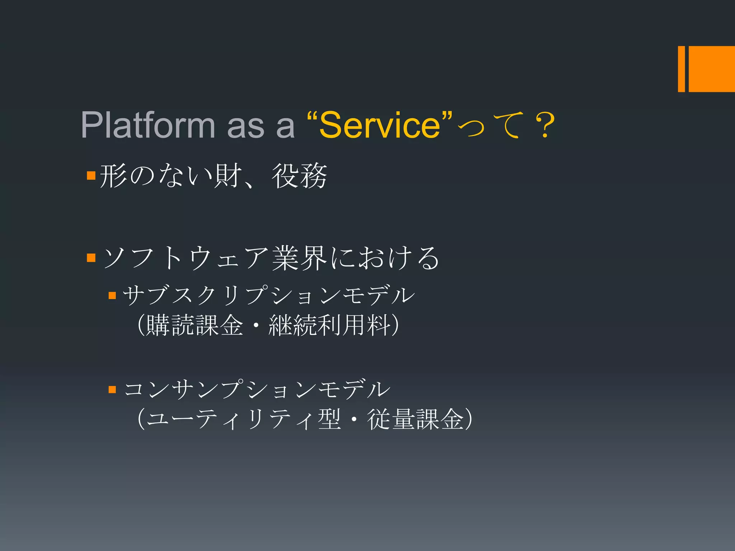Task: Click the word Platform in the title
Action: (x=148, y=125)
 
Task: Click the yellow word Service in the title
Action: (x=380, y=125)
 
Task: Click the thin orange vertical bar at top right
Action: (x=681, y=69)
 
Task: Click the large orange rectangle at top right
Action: (x=711, y=69)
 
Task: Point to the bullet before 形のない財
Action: (x=91, y=175)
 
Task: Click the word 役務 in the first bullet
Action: (x=299, y=176)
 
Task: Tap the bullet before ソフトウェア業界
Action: (x=91, y=258)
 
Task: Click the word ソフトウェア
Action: (x=186, y=258)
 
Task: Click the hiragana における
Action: (x=385, y=258)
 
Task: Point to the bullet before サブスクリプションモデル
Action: (x=112, y=296)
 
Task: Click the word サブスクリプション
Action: (x=231, y=296)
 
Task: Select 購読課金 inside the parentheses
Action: (x=195, y=325)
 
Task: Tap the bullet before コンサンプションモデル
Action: (x=112, y=390)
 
